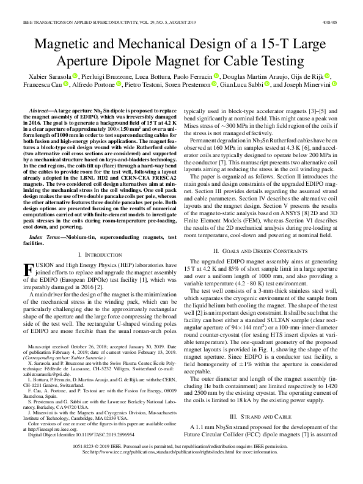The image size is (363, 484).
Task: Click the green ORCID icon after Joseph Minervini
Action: pyautogui.click(x=331, y=85)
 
